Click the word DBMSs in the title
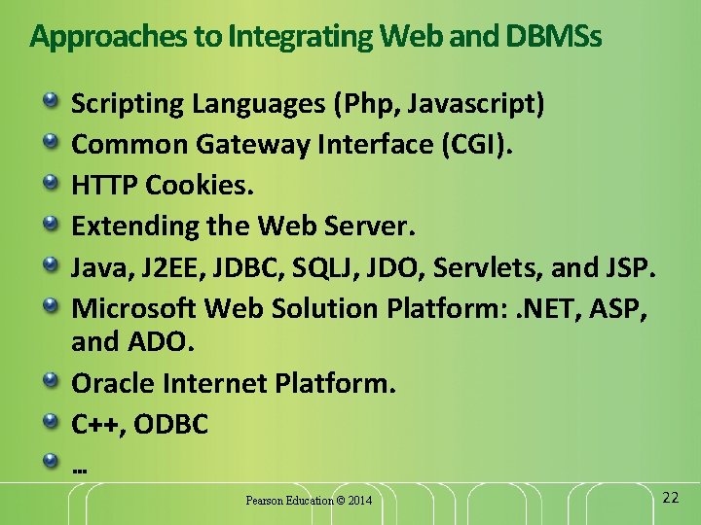554,37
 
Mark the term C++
97,424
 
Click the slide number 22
669,497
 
